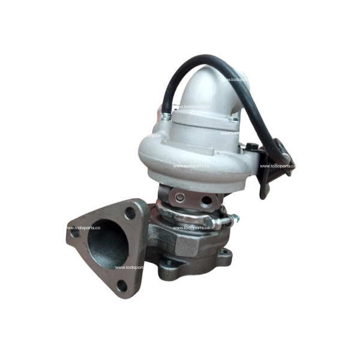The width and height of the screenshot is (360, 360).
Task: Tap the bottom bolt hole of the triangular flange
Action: coord(122,284)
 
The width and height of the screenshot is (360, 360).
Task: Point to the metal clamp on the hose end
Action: coord(165,115)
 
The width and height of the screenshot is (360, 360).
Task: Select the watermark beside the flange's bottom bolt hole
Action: coord(129,268)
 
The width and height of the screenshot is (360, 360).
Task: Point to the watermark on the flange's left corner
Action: coord(83,228)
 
